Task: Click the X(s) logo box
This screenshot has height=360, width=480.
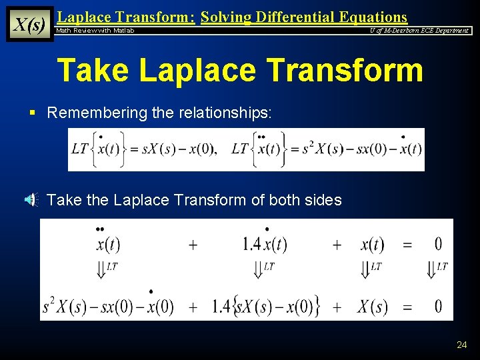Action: click(x=29, y=24)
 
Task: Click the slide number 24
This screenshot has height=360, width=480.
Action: click(x=462, y=345)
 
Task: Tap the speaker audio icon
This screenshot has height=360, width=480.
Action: click(x=32, y=199)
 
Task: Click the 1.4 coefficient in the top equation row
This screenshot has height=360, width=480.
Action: click(x=252, y=244)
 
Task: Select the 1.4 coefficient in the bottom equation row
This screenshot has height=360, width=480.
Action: click(x=223, y=307)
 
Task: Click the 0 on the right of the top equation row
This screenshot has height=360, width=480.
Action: click(x=438, y=244)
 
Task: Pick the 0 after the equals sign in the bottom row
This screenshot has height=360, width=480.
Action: click(x=438, y=307)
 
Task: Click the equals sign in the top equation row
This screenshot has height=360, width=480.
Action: click(x=407, y=245)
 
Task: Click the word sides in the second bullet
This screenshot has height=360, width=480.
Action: click(x=324, y=199)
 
